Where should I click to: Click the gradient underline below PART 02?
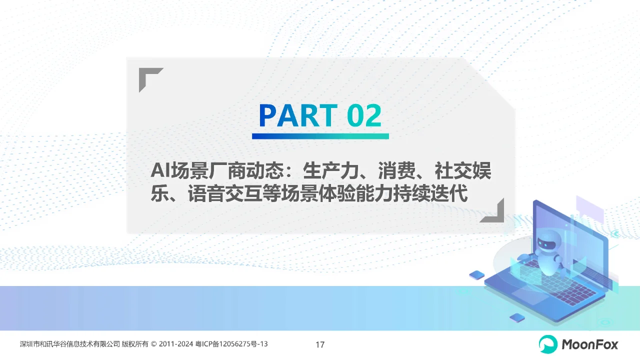click(x=320, y=136)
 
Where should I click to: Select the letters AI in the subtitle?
click(x=160, y=171)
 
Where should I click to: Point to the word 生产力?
click(x=330, y=171)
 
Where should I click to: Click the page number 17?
click(x=320, y=344)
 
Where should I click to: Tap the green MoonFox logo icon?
click(x=548, y=344)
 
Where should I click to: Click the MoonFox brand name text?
click(x=590, y=344)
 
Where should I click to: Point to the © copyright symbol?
click(x=153, y=344)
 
